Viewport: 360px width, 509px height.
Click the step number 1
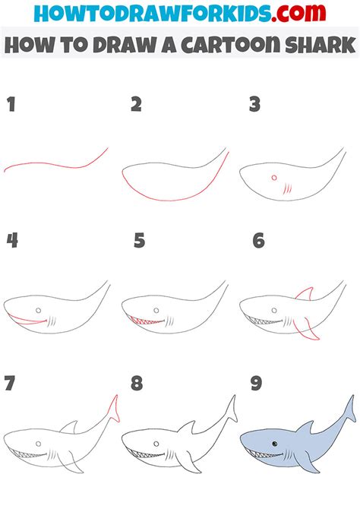[11, 105]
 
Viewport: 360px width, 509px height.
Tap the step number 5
[139, 241]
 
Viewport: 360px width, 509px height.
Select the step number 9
[256, 383]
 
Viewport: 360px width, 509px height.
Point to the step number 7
[10, 383]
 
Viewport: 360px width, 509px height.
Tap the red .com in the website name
[298, 14]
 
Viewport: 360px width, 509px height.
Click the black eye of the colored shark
[275, 444]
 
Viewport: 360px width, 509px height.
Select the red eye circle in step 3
[274, 178]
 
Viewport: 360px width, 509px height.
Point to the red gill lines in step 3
[287, 188]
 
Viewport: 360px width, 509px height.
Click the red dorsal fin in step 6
[305, 293]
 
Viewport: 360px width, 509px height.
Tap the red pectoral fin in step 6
[306, 330]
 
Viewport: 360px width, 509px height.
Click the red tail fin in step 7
[114, 409]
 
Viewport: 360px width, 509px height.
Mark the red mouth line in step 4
[27, 320]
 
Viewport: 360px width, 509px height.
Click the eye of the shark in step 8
[156, 444]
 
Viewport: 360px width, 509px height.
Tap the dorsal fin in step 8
[187, 427]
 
